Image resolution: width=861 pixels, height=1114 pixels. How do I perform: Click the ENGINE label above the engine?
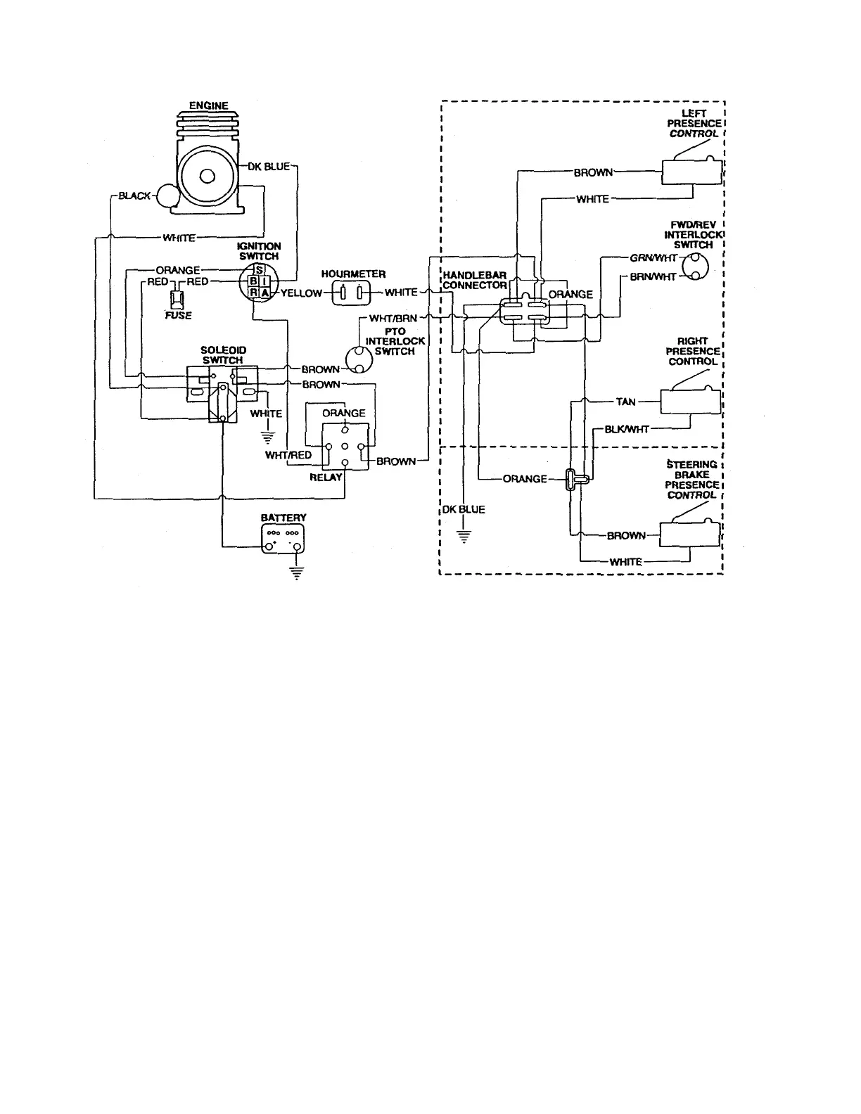point(209,106)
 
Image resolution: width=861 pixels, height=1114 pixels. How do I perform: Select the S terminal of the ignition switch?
point(260,270)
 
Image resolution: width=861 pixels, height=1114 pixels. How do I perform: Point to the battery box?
point(284,538)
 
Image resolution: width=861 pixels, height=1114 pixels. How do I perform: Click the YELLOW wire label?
point(301,293)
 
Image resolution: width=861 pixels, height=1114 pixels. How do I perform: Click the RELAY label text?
point(326,477)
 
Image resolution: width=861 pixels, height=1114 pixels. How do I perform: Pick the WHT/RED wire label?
point(288,455)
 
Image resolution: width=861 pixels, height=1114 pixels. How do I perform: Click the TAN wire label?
point(625,402)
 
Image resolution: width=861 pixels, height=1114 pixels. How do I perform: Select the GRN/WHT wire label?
point(653,258)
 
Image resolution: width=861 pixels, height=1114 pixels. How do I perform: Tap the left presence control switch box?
point(691,172)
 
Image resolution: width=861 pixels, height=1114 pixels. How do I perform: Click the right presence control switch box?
point(690,402)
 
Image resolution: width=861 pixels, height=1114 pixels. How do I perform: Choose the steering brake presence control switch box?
point(690,534)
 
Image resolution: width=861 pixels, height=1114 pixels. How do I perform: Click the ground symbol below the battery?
point(298,572)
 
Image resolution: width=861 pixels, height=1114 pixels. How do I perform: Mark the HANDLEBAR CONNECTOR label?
point(475,280)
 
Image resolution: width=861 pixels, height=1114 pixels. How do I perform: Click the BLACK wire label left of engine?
point(134,196)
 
